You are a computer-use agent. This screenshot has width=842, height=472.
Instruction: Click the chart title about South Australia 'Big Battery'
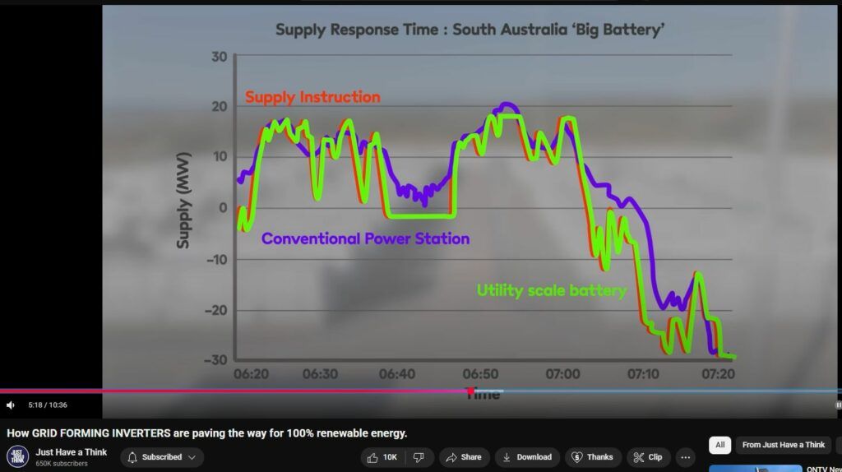pos(470,30)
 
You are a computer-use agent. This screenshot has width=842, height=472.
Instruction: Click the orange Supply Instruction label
pos(312,97)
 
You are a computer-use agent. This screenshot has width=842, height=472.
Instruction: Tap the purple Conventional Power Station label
pos(366,239)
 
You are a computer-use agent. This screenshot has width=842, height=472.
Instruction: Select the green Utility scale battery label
pos(552,290)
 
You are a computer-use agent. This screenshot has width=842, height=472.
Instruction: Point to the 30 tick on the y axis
pos(219,57)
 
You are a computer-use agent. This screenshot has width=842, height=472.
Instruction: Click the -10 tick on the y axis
pos(215,259)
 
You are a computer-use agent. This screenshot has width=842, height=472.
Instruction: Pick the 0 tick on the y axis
pos(222,208)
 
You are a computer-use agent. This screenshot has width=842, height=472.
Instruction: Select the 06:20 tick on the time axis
pos(251,374)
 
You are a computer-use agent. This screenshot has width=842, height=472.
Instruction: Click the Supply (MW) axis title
pos(183,200)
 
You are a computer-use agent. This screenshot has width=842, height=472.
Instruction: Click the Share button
pos(464,457)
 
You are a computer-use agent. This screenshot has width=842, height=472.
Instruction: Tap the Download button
pos(526,457)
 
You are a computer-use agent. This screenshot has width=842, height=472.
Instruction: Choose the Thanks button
pos(592,457)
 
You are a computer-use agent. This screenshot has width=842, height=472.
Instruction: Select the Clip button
pos(648,457)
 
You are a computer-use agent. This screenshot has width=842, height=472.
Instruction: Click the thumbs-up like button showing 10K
pos(382,457)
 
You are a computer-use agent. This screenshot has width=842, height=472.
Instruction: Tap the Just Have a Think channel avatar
pos(17,456)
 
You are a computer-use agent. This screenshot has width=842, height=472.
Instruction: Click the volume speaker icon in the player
pos(11,405)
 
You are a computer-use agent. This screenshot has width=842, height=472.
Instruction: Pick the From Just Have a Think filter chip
pos(782,445)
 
